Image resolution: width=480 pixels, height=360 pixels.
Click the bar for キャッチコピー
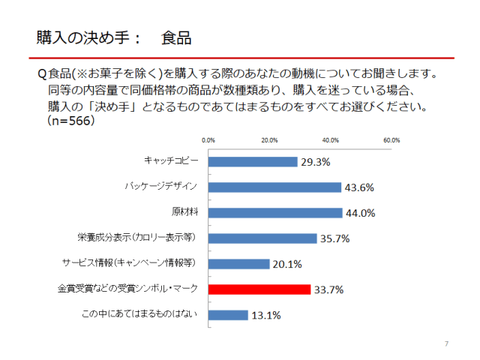[x=252, y=161]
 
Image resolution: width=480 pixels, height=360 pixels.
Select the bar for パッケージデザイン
[x=274, y=187]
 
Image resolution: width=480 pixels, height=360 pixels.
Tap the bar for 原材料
[x=275, y=212]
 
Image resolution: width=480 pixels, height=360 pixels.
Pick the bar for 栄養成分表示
[x=262, y=238]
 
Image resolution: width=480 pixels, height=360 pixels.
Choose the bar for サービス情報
[x=238, y=264]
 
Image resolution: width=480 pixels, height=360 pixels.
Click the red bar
[x=259, y=289]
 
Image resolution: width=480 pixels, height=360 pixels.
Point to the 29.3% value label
[x=316, y=161]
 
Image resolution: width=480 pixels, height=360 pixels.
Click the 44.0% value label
[x=360, y=212]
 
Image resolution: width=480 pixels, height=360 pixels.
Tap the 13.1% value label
[x=266, y=315]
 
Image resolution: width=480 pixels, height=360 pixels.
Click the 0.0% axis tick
[x=208, y=139]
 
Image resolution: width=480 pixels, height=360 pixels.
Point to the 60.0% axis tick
[x=391, y=139]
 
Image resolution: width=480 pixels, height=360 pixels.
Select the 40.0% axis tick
[x=331, y=139]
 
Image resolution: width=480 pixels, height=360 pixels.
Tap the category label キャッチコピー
[x=172, y=161]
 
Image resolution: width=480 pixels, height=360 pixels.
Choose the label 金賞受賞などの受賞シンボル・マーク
[x=128, y=289]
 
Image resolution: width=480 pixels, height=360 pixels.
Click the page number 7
[x=446, y=343]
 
